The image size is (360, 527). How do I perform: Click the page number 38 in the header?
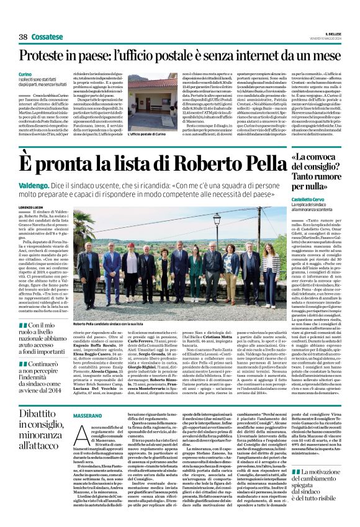(23, 37)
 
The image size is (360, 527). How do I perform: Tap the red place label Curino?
(25, 74)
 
